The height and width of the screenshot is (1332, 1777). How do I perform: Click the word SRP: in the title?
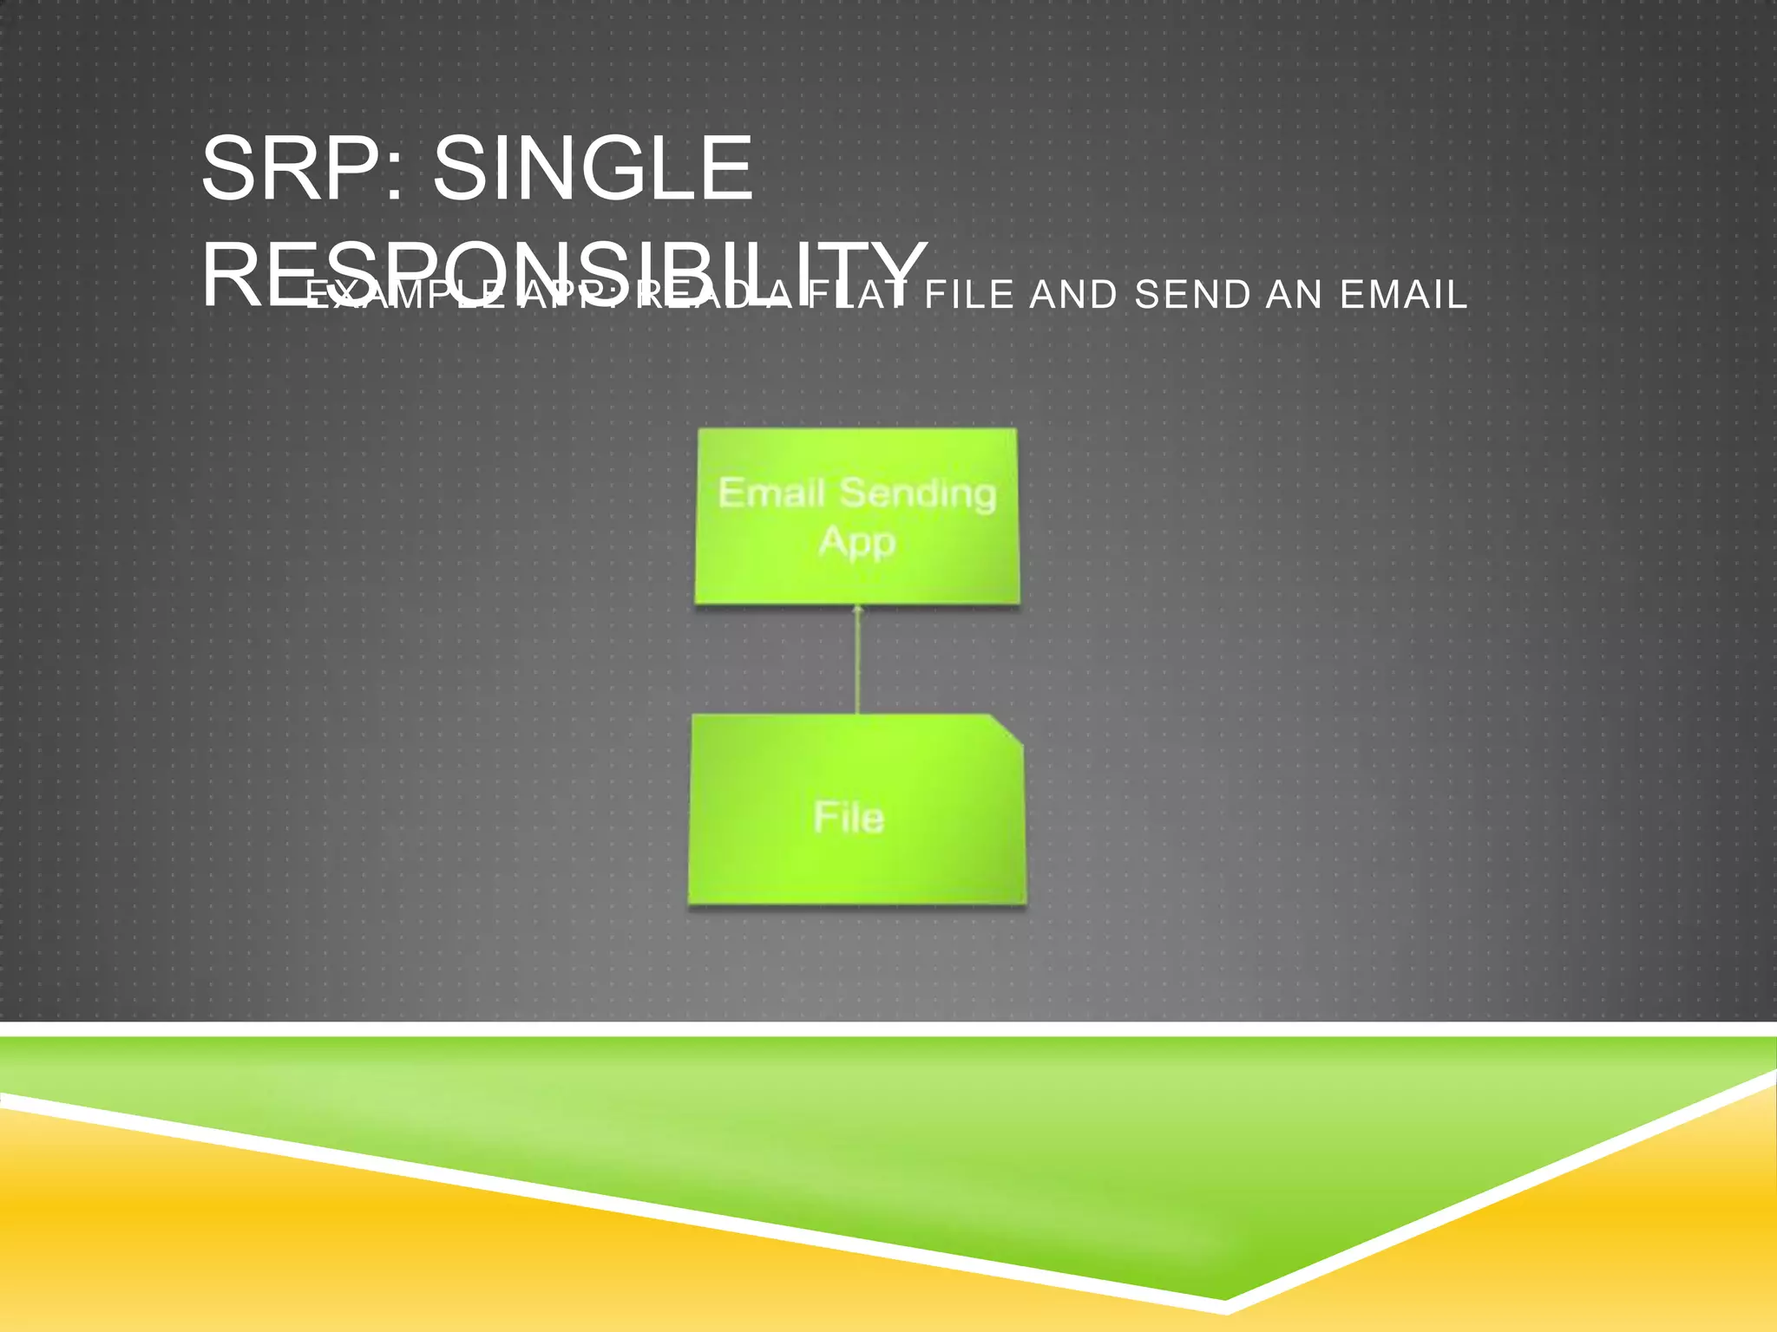302,169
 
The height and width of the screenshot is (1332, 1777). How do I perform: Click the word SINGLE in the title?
593,169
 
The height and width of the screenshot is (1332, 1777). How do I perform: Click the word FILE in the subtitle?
969,295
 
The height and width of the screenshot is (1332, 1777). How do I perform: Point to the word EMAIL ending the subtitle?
1403,295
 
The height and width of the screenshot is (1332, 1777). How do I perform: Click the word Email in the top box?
771,493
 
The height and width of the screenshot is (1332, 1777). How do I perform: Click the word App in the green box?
856,543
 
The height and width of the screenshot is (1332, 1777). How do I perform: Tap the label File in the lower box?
849,818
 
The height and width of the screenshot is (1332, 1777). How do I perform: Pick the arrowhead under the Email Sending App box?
857,610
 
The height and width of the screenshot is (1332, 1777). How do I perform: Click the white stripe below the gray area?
888,1029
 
